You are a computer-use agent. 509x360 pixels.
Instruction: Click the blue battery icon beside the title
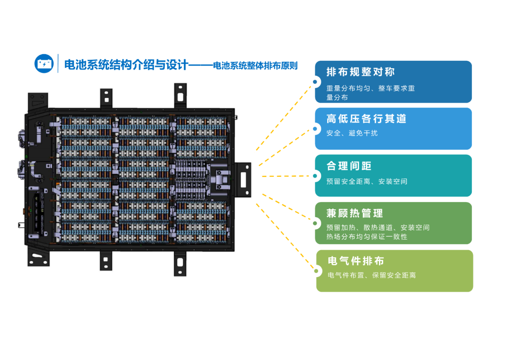click(x=44, y=64)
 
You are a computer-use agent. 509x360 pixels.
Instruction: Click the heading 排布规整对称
click(x=361, y=72)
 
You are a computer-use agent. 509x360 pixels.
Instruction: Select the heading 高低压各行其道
click(x=366, y=118)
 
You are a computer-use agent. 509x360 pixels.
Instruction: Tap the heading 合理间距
click(x=349, y=166)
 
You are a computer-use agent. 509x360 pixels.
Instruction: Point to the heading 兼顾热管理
click(x=354, y=213)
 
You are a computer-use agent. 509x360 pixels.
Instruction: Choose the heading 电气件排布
click(x=356, y=261)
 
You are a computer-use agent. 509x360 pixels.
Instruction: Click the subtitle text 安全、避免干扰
click(x=352, y=133)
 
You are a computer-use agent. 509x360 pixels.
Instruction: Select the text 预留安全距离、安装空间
click(x=367, y=181)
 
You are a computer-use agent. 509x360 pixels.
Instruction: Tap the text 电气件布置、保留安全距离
click(x=372, y=275)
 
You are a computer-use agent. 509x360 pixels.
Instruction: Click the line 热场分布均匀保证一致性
click(x=367, y=237)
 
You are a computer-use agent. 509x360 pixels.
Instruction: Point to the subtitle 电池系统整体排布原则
click(x=255, y=65)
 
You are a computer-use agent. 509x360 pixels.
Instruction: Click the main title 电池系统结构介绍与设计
click(x=126, y=65)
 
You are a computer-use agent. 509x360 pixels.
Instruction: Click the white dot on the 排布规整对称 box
click(x=315, y=82)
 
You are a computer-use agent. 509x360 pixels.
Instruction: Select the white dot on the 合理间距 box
click(x=315, y=176)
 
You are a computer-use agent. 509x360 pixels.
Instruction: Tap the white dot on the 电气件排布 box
click(x=316, y=271)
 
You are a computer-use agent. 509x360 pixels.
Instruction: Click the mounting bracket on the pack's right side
click(x=243, y=180)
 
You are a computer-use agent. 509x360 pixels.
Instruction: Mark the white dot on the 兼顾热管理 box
click(x=315, y=223)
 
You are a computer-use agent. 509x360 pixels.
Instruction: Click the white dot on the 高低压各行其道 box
click(x=315, y=129)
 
